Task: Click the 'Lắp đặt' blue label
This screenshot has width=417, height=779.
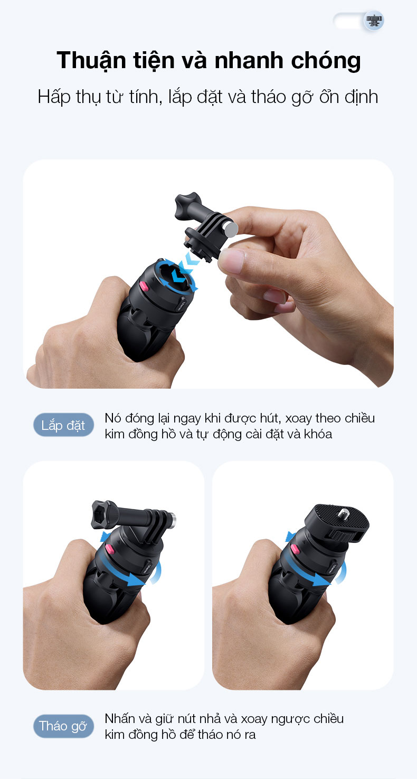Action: pyautogui.click(x=63, y=425)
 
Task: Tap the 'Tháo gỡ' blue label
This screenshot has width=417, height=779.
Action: pyautogui.click(x=63, y=726)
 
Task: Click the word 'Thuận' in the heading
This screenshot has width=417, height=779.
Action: pyautogui.click(x=91, y=61)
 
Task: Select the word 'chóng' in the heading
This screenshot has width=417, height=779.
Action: pyautogui.click(x=326, y=61)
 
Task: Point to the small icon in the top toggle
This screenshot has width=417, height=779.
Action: pyautogui.click(x=374, y=21)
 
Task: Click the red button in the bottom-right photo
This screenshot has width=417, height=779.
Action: pyautogui.click(x=296, y=549)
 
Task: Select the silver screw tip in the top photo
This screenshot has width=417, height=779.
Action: pyautogui.click(x=230, y=229)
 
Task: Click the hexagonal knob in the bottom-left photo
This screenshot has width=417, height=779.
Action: pyautogui.click(x=102, y=513)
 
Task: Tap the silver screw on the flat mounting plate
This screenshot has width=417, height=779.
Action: pyautogui.click(x=344, y=513)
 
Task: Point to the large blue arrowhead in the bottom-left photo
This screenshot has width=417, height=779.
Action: pyautogui.click(x=138, y=579)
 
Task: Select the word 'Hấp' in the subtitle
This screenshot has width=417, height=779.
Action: pyautogui.click(x=54, y=97)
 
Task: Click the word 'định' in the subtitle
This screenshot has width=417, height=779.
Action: pyautogui.click(x=361, y=97)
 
